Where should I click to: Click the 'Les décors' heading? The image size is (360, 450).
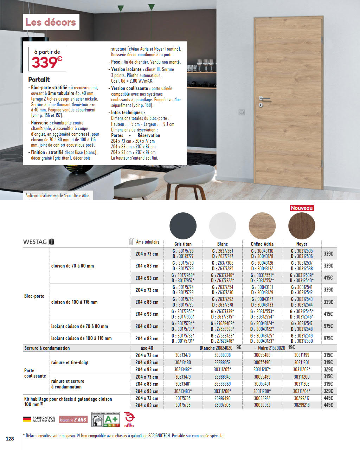click(51, 22)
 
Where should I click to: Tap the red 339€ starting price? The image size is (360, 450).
click(47, 62)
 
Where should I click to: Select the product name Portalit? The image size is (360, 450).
click(39, 79)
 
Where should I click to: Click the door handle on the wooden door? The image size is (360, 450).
click(264, 98)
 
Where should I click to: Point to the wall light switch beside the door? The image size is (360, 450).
click(242, 112)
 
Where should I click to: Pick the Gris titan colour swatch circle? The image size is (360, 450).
click(183, 226)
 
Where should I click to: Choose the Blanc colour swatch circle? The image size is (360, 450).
click(223, 226)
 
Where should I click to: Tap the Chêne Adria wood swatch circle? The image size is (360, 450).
click(262, 226)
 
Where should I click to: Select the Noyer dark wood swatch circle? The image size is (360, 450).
click(302, 226)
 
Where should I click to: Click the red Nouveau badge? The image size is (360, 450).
click(302, 208)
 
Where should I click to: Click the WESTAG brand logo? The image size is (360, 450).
click(39, 242)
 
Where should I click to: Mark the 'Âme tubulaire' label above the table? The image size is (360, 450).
click(148, 242)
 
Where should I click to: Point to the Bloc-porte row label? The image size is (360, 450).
click(34, 296)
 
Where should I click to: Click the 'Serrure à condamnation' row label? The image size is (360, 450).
click(47, 348)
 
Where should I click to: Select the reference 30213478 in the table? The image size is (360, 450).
click(183, 355)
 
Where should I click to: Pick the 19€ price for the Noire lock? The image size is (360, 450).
click(291, 348)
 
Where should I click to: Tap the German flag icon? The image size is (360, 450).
click(27, 419)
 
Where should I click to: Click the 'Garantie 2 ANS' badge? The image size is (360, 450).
click(73, 420)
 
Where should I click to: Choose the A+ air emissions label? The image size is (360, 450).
click(105, 419)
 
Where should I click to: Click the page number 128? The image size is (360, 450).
click(10, 438)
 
